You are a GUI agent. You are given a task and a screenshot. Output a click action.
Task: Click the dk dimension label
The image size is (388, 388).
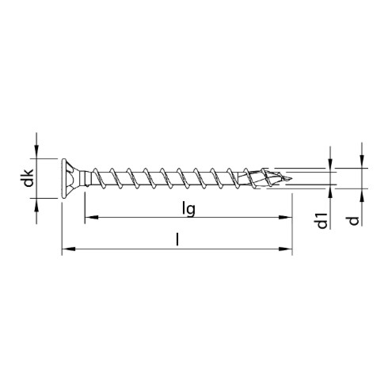28,178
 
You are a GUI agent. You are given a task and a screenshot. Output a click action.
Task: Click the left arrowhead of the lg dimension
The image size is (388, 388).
89,216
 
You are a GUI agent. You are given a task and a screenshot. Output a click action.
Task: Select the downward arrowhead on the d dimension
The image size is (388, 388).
362,162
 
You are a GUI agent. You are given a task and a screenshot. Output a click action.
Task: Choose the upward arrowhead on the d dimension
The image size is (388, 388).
362,195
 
